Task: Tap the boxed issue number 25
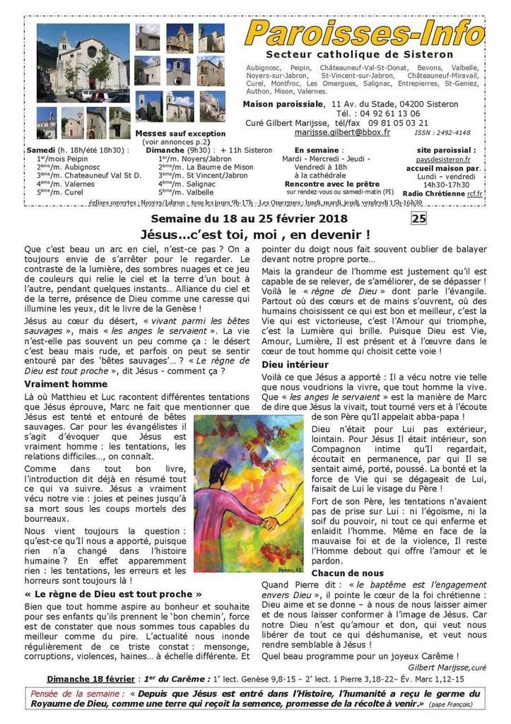(x=419, y=218)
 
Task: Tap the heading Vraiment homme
(x=65, y=384)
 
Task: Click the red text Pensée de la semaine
(x=77, y=694)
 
